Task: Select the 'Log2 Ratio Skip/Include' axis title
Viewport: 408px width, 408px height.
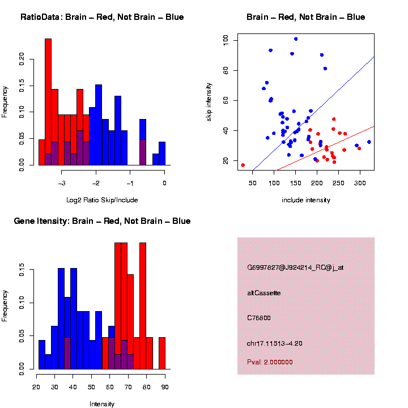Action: tap(101, 199)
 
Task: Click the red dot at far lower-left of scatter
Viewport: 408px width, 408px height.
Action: tap(243, 165)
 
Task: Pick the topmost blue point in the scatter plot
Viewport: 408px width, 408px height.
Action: tap(296, 39)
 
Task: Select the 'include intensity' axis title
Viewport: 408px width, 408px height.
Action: tap(305, 200)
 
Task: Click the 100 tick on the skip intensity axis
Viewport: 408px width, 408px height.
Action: tap(226, 40)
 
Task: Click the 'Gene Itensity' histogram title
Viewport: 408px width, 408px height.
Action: tap(102, 221)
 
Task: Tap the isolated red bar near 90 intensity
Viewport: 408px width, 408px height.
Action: tap(161, 353)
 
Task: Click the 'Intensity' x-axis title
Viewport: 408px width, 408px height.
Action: tap(102, 404)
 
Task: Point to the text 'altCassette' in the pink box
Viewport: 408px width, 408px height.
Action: tap(263, 293)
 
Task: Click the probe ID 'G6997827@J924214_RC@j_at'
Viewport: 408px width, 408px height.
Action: tap(295, 267)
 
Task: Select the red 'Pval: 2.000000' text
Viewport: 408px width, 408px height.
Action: tap(270, 362)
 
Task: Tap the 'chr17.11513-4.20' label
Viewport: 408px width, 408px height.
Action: tap(275, 343)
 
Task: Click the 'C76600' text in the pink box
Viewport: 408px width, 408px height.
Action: tap(259, 318)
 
